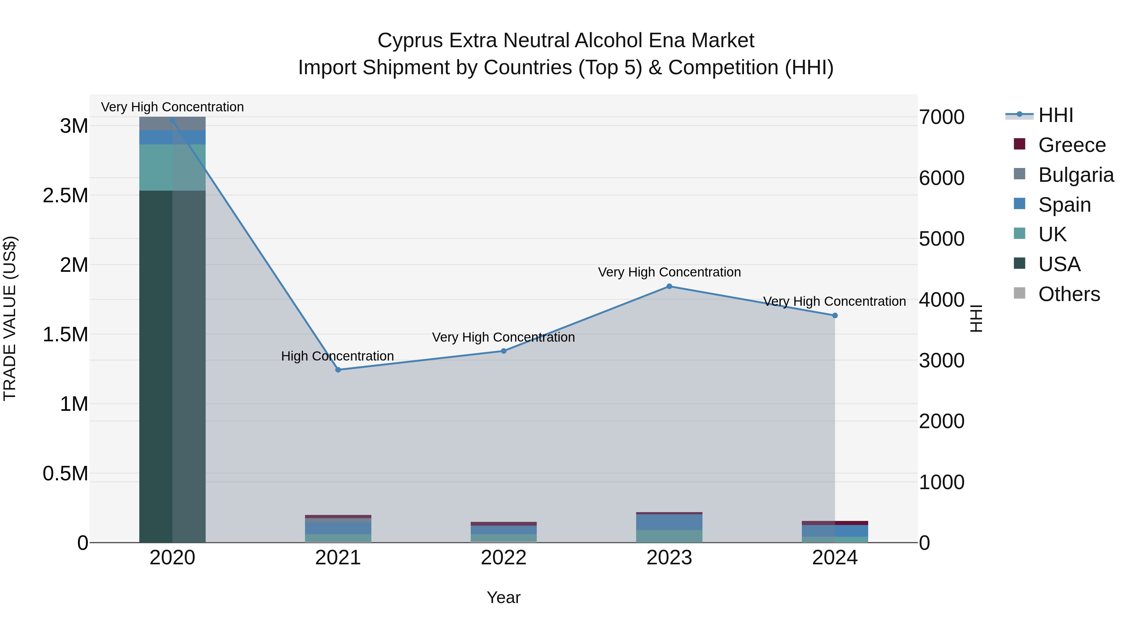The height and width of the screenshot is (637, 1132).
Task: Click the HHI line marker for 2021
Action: tap(338, 370)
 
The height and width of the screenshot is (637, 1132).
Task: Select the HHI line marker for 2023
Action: tap(669, 286)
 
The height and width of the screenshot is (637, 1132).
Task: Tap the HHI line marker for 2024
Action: tap(835, 315)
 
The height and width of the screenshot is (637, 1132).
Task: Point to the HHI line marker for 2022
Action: tap(504, 351)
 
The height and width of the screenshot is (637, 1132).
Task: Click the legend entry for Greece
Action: tap(1071, 145)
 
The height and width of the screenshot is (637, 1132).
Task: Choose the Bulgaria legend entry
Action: tap(1075, 175)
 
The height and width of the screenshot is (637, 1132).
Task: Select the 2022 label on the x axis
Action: tap(504, 557)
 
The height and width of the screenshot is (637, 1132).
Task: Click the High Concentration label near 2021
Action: tap(337, 356)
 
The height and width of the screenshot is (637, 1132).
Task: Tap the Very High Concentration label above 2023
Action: tap(669, 272)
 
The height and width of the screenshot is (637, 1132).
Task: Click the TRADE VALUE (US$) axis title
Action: tap(10, 318)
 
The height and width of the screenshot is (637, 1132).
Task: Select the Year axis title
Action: tap(504, 597)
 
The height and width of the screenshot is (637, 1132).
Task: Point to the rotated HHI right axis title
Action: tap(975, 318)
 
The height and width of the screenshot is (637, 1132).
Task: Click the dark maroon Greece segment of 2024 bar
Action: tap(851, 523)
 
